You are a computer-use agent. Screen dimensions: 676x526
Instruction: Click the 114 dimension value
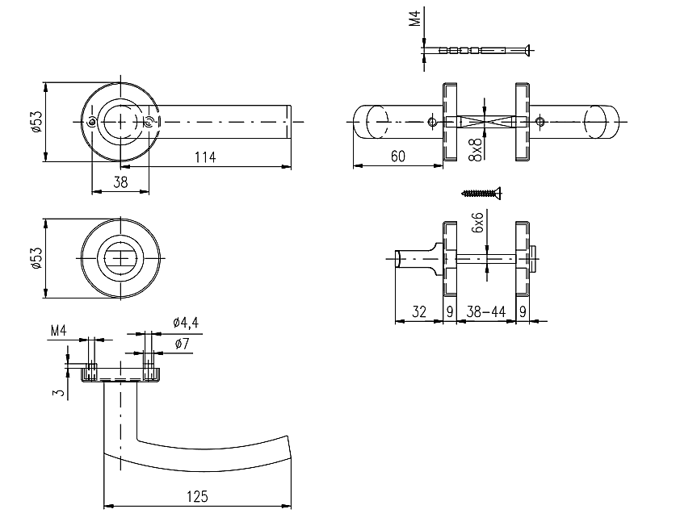[x=205, y=157]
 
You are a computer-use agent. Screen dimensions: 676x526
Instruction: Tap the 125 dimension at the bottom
[x=197, y=496]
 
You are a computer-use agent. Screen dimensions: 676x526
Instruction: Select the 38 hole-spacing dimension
[x=120, y=182]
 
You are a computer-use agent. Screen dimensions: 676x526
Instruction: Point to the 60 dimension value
[x=398, y=156]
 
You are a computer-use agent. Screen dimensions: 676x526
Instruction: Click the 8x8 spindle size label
[x=476, y=149]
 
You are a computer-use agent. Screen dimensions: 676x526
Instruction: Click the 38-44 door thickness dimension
[x=486, y=311]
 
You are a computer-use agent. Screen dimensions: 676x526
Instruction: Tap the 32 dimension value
[x=419, y=311]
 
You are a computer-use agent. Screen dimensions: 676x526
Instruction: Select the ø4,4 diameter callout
[x=186, y=322]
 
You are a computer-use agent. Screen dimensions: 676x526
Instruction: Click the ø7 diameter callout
[x=182, y=344]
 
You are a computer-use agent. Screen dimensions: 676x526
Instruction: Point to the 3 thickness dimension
[x=60, y=392]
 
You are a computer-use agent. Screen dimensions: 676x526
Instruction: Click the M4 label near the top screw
[x=414, y=19]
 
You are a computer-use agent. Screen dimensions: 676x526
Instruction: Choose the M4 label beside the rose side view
[x=59, y=331]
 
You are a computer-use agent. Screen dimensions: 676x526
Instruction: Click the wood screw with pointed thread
[x=481, y=193]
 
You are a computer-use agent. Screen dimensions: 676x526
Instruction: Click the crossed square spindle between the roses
[x=485, y=122]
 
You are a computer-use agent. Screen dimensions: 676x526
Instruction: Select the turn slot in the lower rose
[x=120, y=258]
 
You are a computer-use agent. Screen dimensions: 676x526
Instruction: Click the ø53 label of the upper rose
[x=36, y=122]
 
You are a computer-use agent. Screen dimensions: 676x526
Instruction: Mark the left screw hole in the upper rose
[x=92, y=123]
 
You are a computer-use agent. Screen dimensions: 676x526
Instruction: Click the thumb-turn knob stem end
[x=398, y=258]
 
